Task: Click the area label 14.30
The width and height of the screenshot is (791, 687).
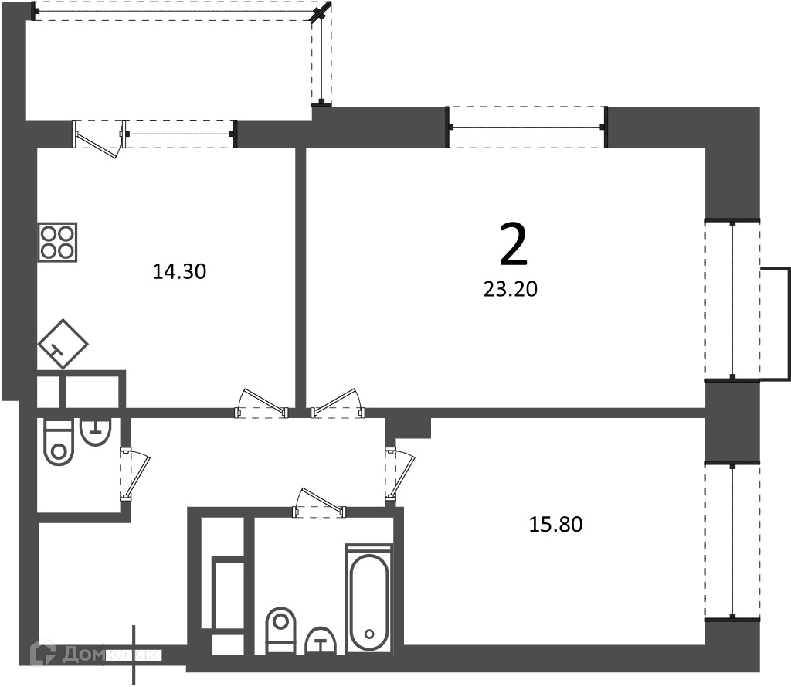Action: (179, 271)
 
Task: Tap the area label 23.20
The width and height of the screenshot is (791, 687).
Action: (511, 289)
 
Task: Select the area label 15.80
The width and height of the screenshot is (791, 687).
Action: (555, 525)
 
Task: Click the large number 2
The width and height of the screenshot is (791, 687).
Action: (513, 244)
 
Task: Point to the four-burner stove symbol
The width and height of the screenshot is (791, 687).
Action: (58, 243)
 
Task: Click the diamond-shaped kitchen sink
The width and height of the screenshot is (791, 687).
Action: (63, 344)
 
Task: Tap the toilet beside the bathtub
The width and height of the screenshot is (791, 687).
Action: (280, 631)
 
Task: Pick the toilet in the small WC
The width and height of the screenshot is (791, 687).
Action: (59, 442)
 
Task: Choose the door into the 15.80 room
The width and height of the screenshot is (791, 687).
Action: (399, 474)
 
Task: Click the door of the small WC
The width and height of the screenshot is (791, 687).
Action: (134, 474)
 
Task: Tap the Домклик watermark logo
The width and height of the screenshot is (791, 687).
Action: (94, 655)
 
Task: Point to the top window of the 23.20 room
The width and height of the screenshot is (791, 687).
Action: (527, 128)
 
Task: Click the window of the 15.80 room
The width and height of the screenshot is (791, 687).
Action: (732, 541)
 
